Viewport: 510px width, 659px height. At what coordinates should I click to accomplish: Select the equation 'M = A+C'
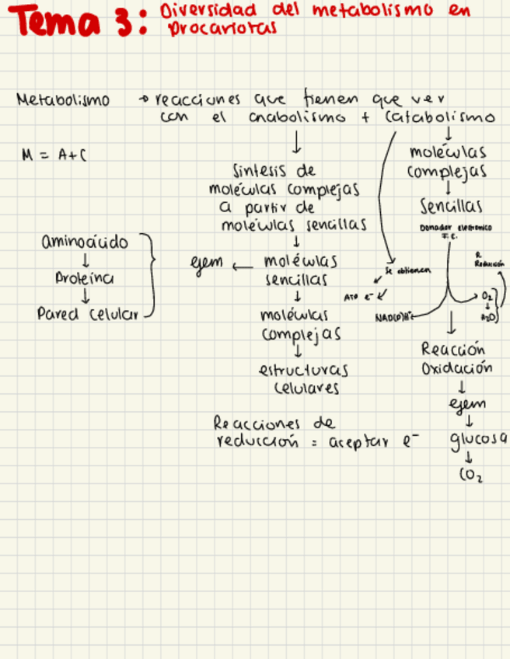[55, 155]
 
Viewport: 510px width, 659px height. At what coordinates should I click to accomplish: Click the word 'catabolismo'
[439, 118]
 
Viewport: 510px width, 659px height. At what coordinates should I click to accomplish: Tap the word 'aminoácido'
[85, 242]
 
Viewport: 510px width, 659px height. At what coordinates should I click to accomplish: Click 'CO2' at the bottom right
[470, 477]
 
